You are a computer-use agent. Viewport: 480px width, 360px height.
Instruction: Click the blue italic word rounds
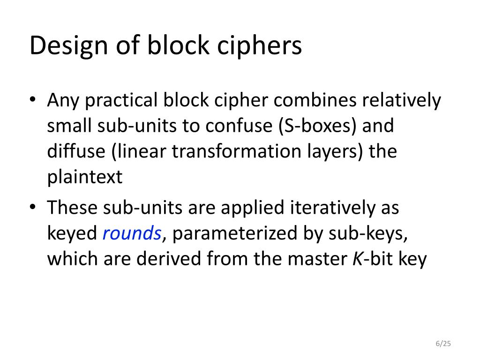click(132, 233)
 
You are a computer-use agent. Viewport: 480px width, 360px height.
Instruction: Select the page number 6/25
click(443, 344)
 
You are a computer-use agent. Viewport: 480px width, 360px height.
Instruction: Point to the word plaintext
click(85, 178)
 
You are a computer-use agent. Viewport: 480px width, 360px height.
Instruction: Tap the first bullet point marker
click(32, 101)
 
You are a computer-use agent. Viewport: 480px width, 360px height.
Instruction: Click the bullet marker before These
click(32, 208)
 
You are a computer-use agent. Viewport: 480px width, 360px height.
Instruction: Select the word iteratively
click(330, 208)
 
